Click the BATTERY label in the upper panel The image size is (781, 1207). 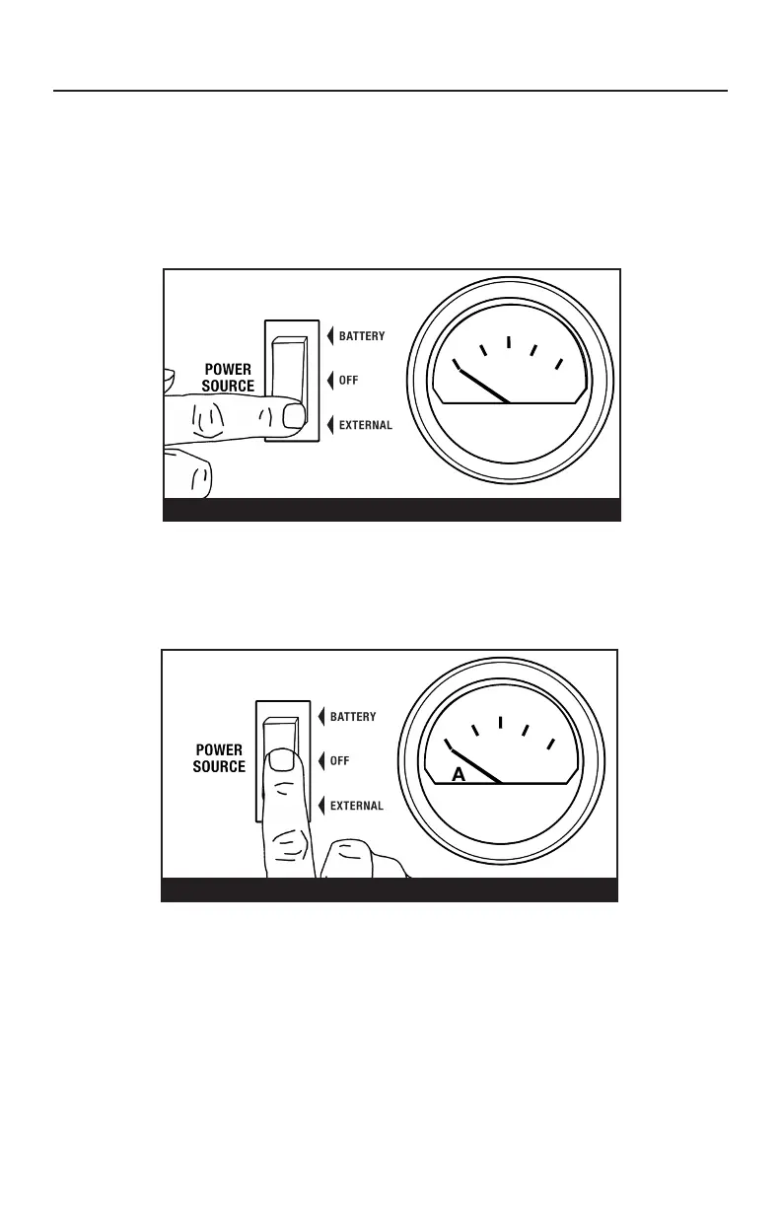pos(362,336)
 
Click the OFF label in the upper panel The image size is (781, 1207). pos(348,381)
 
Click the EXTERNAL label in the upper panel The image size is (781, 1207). pos(366,426)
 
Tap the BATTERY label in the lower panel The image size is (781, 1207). pos(353,717)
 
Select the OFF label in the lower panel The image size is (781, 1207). pos(339,761)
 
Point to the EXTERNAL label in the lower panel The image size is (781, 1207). pos(356,806)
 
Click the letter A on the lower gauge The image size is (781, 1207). pos(459,775)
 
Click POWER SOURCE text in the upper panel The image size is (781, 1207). pos(229,379)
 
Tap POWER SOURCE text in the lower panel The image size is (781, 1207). pos(220,758)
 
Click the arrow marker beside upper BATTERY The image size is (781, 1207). pos(330,336)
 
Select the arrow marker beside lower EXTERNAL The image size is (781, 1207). pos(321,806)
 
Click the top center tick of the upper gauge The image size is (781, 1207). pos(508,343)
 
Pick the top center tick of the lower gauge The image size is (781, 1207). pos(501,723)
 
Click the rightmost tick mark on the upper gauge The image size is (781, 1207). pos(558,365)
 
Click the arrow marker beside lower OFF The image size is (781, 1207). pos(321,761)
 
